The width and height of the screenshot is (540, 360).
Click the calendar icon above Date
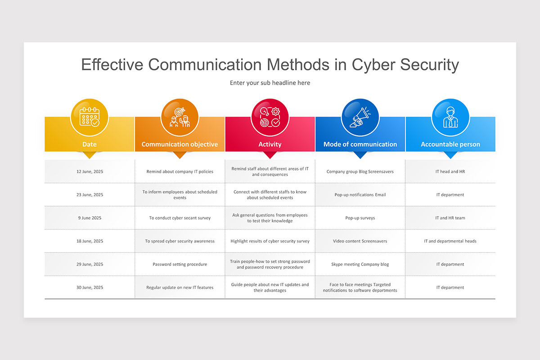click(x=89, y=117)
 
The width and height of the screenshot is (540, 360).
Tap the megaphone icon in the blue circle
click(x=360, y=117)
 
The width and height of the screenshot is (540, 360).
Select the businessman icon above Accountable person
click(x=450, y=117)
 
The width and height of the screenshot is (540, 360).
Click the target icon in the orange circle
click(x=180, y=117)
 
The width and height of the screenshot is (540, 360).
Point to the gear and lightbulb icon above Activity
click(x=270, y=117)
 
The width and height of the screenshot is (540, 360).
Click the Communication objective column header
click(x=180, y=144)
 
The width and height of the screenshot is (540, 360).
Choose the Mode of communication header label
click(x=360, y=144)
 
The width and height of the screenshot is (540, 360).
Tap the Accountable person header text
click(x=450, y=144)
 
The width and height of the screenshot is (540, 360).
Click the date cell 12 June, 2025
click(x=90, y=171)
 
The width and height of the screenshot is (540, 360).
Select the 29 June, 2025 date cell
click(x=90, y=264)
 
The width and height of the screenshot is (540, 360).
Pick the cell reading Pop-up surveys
click(x=360, y=218)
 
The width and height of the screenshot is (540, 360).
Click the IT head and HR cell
click(x=450, y=171)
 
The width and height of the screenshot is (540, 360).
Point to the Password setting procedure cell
click(x=180, y=264)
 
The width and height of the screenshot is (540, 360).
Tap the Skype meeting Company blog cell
click(x=360, y=264)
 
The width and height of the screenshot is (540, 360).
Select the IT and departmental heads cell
click(x=450, y=241)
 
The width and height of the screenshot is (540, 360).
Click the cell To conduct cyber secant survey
click(x=180, y=218)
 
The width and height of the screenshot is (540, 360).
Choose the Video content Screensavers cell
click(x=360, y=241)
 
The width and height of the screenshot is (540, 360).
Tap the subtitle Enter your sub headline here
click(x=270, y=83)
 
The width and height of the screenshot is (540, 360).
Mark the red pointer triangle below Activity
click(x=270, y=155)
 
